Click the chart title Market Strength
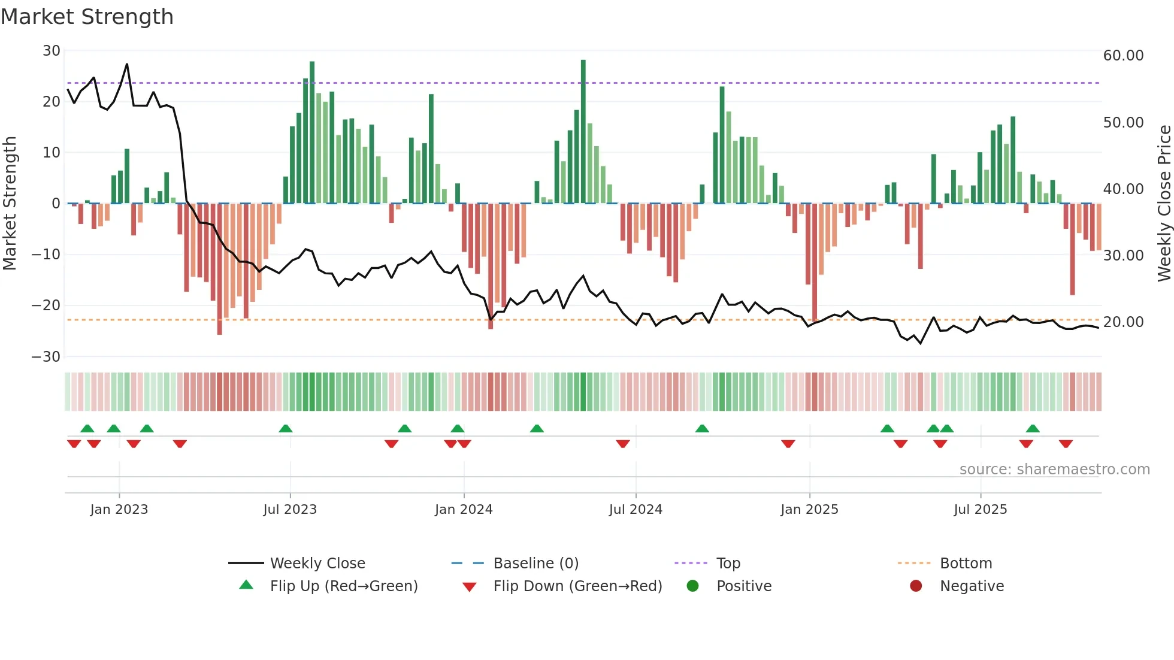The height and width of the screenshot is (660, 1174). (87, 17)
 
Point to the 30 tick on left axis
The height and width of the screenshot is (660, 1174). (52, 51)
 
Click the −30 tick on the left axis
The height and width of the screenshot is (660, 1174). (46, 357)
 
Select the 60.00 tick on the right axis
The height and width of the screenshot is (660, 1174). (1123, 56)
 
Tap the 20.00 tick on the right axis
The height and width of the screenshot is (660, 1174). (1123, 322)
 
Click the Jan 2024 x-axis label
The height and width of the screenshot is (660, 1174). (464, 510)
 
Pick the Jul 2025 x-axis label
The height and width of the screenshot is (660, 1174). (980, 510)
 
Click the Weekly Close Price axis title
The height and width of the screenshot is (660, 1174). (1164, 204)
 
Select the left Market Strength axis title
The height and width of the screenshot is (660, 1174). (10, 204)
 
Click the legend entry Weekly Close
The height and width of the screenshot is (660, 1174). (317, 564)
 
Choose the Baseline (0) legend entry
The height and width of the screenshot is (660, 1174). (535, 564)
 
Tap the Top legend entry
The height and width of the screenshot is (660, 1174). (728, 564)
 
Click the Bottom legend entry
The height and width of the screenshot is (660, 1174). (966, 564)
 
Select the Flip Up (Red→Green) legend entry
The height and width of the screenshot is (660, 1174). (343, 586)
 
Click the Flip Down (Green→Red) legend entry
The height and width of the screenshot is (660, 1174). (577, 586)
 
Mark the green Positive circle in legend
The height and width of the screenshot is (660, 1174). (692, 586)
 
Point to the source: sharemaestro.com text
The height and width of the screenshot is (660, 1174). (1054, 470)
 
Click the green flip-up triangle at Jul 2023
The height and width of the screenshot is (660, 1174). (286, 428)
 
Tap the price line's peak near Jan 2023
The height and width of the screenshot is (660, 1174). (127, 64)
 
